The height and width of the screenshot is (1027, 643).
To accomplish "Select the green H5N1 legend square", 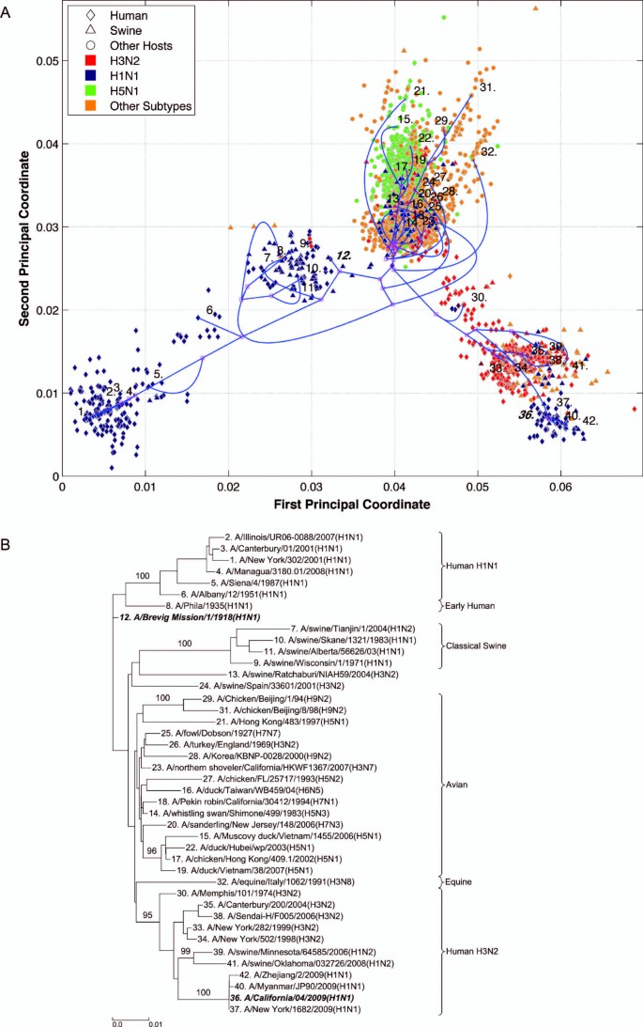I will (x=78, y=92).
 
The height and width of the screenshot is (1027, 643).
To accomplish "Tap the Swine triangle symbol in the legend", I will (x=78, y=32).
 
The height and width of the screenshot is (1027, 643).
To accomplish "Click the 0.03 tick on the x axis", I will (x=312, y=487).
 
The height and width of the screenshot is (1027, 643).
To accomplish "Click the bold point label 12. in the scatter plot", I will (x=344, y=256).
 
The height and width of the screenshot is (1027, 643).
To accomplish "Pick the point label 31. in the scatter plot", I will (x=486, y=87).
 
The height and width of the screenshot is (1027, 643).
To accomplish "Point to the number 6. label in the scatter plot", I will (x=209, y=311).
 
